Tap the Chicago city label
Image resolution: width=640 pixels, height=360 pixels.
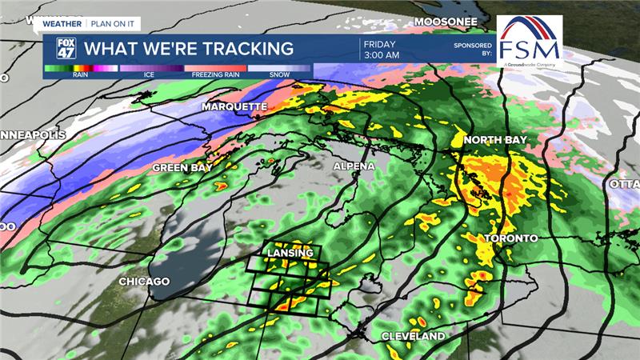(144, 282)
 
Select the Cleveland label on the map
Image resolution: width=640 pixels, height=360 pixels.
(413, 336)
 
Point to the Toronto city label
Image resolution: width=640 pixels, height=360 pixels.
(511, 238)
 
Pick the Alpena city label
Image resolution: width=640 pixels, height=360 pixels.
(354, 166)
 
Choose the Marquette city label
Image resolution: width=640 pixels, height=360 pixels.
(234, 106)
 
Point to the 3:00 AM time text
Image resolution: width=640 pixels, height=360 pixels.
(382, 55)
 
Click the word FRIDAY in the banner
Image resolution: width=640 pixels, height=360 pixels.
(379, 42)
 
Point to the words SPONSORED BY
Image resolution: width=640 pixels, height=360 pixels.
(471, 50)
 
